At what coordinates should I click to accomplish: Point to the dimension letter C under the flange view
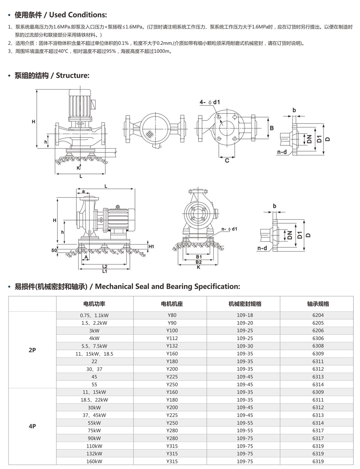pyautogui.click(x=227, y=161)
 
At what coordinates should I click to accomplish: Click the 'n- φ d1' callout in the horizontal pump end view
pyautogui.click(x=229, y=229)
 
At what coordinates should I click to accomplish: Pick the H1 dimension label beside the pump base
pyautogui.click(x=151, y=247)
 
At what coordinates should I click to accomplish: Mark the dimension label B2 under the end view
pyautogui.click(x=199, y=262)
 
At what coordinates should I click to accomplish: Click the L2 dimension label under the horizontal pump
pyautogui.click(x=105, y=266)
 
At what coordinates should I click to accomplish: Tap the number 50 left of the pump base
pyautogui.click(x=54, y=250)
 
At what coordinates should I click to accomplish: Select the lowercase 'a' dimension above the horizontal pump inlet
pyautogui.click(x=84, y=191)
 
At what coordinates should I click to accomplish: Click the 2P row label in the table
pyautogui.click(x=32, y=350)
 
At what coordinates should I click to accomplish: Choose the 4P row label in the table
pyautogui.click(x=32, y=427)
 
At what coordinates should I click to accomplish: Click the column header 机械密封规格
pyautogui.click(x=245, y=304)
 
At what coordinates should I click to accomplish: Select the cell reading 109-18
pyautogui.click(x=245, y=315)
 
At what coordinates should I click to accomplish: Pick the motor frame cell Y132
pyautogui.click(x=172, y=346)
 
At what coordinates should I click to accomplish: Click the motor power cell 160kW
pyautogui.click(x=94, y=461)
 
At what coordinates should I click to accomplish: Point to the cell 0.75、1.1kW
pyautogui.click(x=94, y=315)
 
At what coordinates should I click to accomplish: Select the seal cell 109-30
pyautogui.click(x=245, y=346)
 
